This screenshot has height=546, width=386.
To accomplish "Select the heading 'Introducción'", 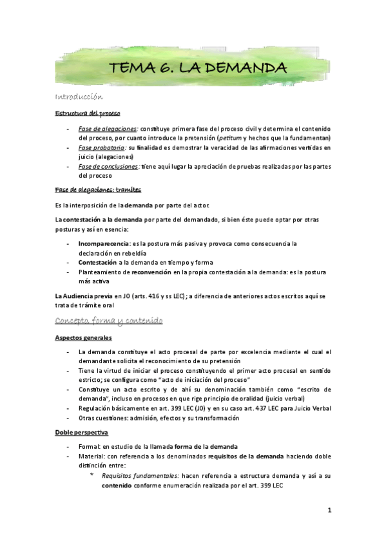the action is coord(78,97).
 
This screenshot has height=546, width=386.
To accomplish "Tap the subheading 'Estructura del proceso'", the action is coord(83,113).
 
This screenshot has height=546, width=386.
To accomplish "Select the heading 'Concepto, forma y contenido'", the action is coord(108,321).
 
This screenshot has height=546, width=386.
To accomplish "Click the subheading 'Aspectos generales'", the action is coord(83,337).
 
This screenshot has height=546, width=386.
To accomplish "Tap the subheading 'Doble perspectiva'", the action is coord(81,432).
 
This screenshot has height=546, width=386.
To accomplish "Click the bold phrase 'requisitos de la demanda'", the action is coord(246,456).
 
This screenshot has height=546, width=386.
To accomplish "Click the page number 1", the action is coord(329,510).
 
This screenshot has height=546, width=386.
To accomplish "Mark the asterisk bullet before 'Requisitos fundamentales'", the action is coord(92,475).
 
